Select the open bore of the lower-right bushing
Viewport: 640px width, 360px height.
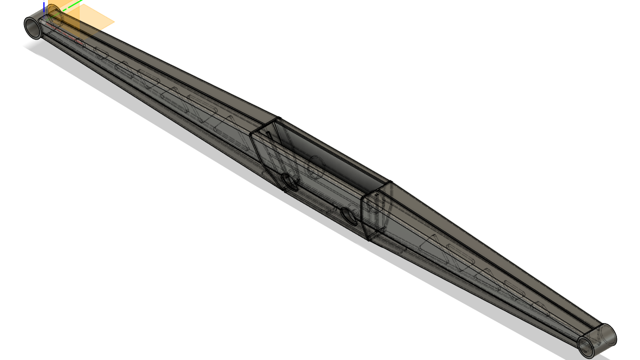pos(586,346)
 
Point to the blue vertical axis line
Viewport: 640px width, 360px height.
pos(44,7)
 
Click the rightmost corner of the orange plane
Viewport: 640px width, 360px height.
pos(114,22)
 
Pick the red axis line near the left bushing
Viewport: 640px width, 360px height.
pos(65,35)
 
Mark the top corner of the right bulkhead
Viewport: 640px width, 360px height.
pos(390,182)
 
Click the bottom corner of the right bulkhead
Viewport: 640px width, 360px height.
pos(369,239)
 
